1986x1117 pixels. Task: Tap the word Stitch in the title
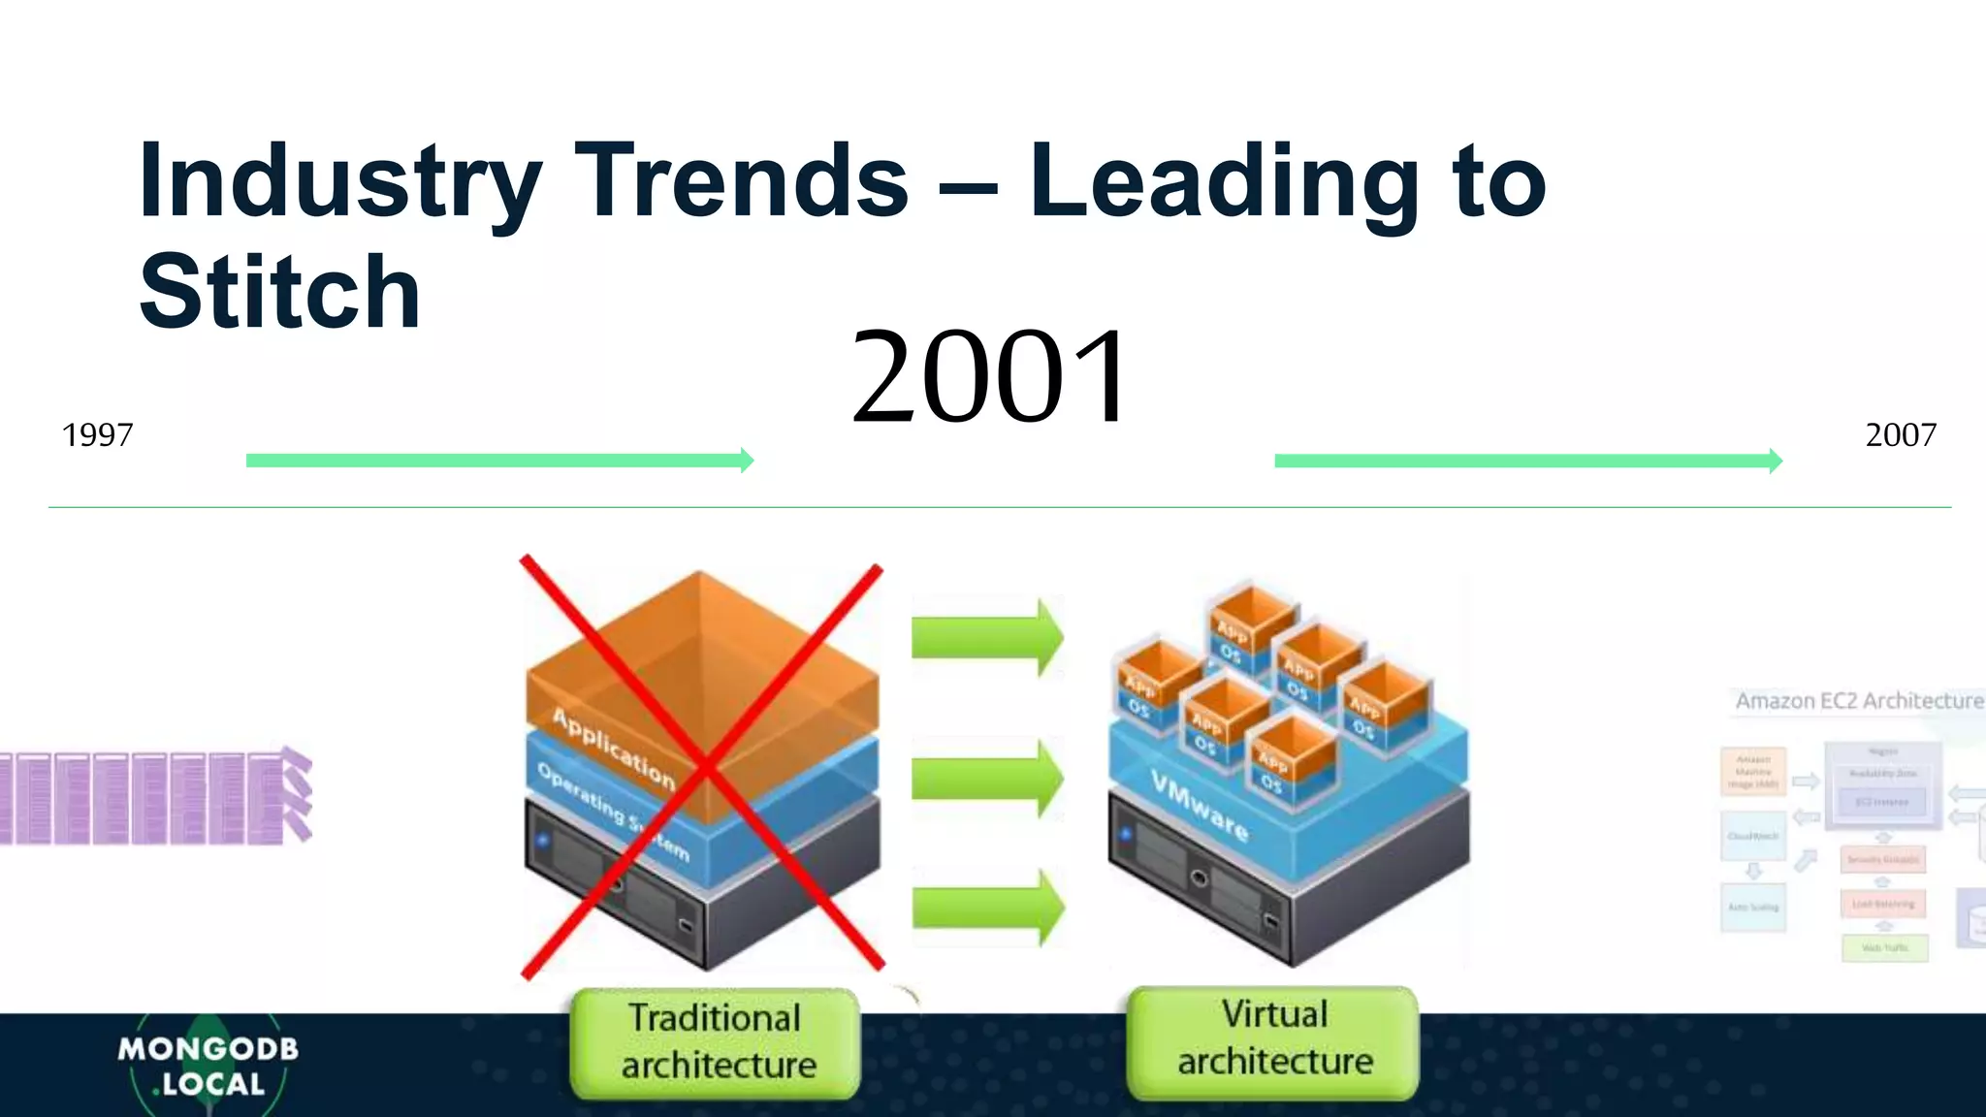point(279,292)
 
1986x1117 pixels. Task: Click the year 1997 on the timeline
point(97,435)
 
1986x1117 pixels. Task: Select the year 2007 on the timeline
point(1900,435)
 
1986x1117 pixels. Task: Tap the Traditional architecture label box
point(716,1042)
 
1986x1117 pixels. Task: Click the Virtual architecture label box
point(1273,1039)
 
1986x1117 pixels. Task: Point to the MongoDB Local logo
point(208,1065)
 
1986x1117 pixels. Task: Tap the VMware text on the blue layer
point(1200,805)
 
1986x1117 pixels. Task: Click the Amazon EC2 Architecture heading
point(1858,701)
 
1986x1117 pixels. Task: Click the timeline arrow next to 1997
point(499,461)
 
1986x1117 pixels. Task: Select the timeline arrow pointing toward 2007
point(1527,462)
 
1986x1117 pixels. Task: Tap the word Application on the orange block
point(613,748)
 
